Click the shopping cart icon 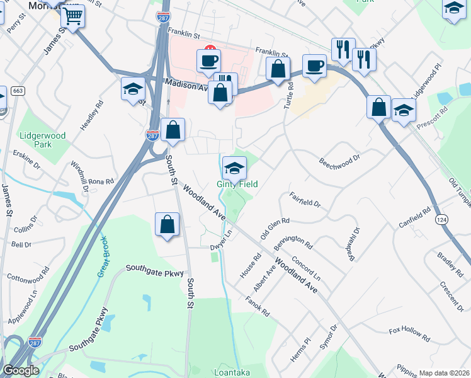pos(73,16)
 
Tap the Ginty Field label pos(238,184)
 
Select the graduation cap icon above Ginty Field pos(234,168)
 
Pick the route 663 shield pos(18,91)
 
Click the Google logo pos(21,370)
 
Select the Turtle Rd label pos(289,95)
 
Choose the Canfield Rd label pos(414,217)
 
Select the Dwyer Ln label pos(221,241)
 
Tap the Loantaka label pos(232,372)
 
